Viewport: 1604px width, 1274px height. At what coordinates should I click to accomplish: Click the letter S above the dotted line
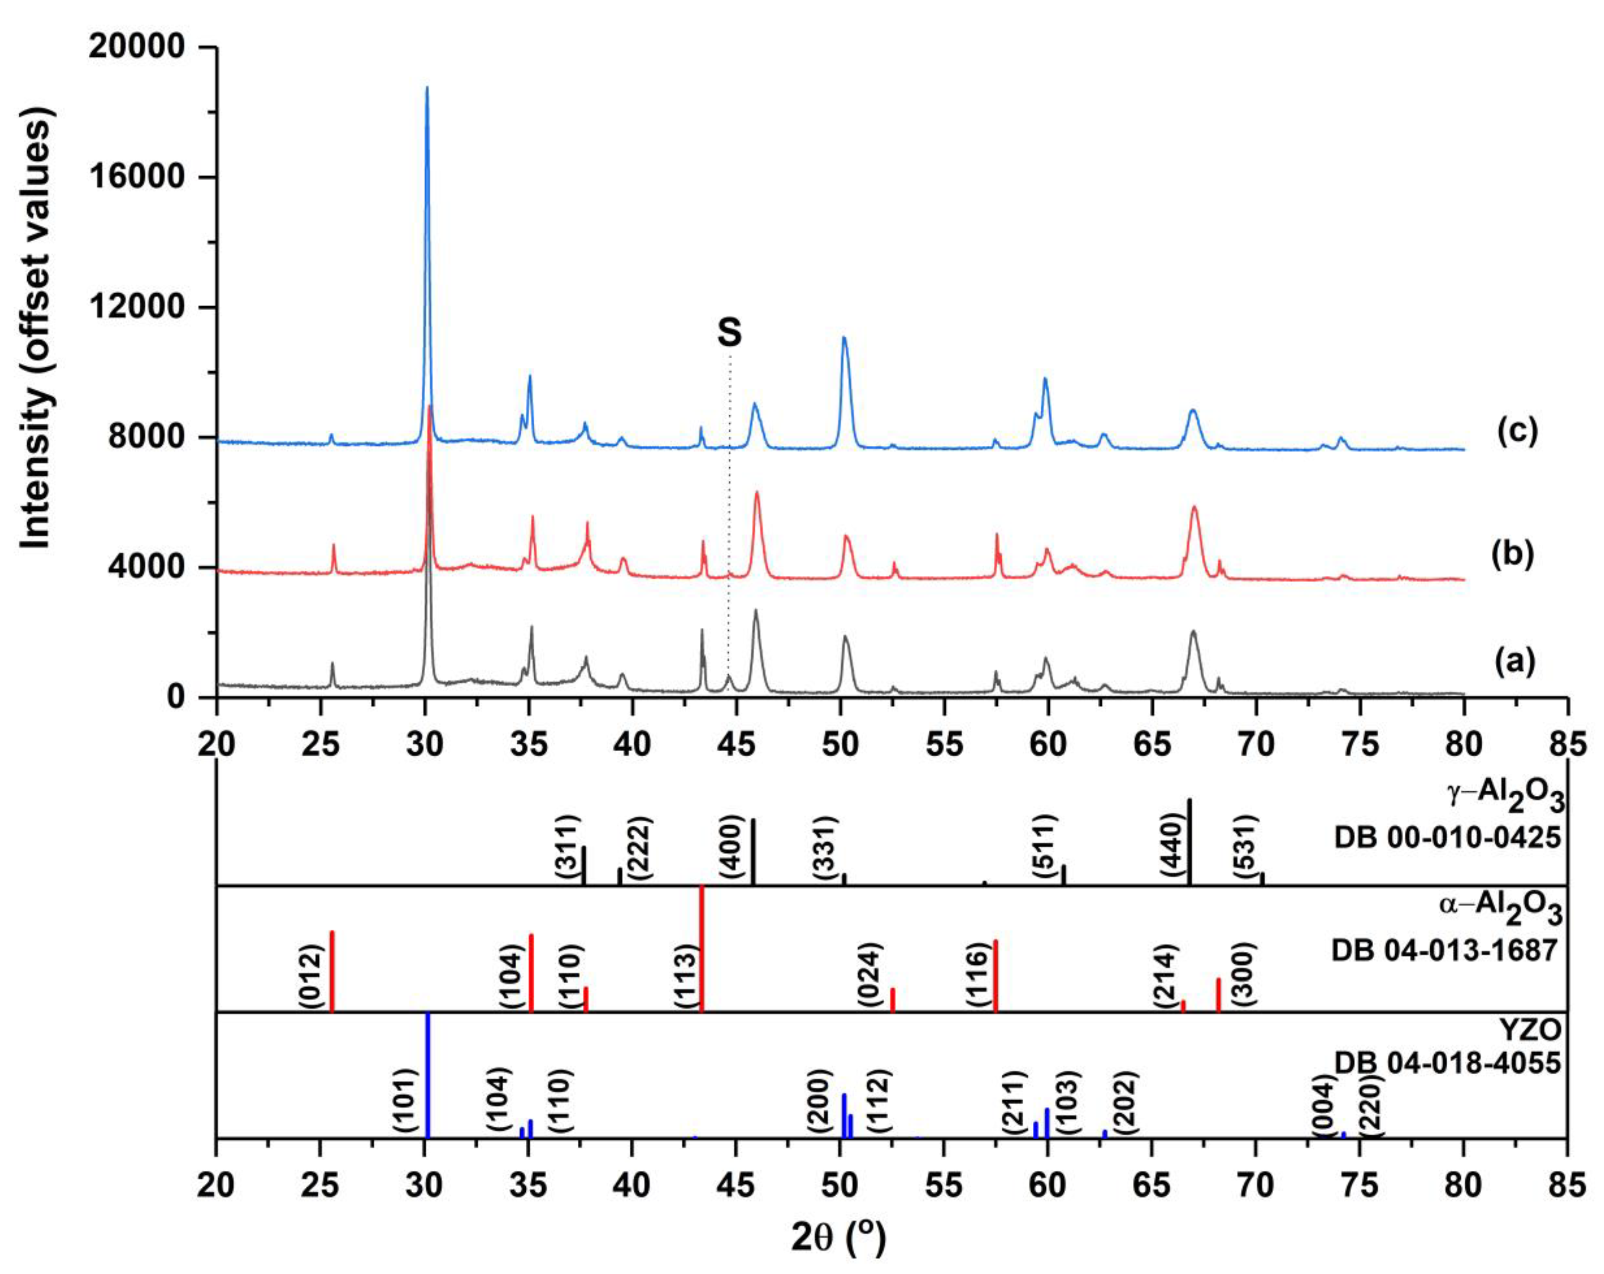pyautogui.click(x=730, y=333)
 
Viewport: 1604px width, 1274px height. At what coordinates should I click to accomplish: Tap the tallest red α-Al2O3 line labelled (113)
pyautogui.click(x=702, y=949)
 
